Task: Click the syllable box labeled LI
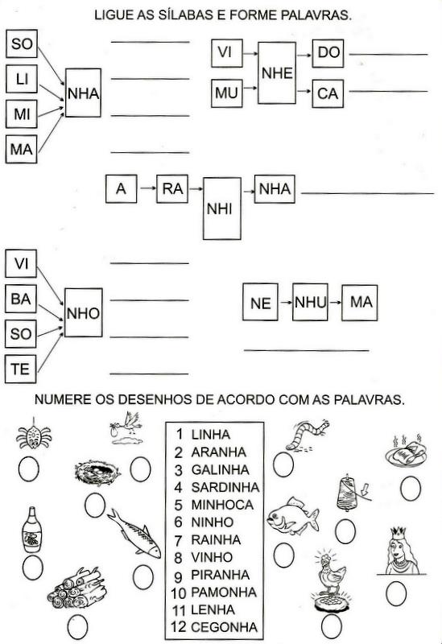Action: coord(22,78)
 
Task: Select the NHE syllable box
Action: coord(277,72)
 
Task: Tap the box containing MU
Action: coord(227,93)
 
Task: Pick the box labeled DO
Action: coord(328,53)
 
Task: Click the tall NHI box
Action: coord(222,208)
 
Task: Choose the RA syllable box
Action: coord(172,189)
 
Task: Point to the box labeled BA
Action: coord(21,299)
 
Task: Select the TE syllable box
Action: coord(21,369)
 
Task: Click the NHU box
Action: coord(310,303)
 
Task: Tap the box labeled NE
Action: coord(260,303)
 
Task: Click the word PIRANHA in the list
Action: coord(220,575)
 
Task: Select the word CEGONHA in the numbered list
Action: coord(225,627)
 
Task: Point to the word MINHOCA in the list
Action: coord(222,505)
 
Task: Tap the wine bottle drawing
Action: coord(31,530)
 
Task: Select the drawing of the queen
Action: coord(398,551)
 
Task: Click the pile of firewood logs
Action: coord(77,588)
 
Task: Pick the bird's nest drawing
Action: coord(97,472)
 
